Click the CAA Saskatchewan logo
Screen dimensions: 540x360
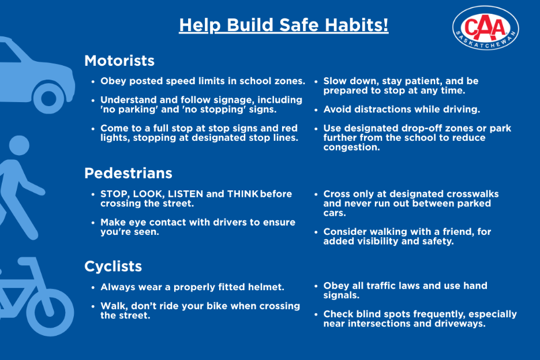click(486, 28)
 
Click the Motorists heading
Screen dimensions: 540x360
click(119, 61)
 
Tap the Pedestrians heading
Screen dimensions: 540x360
click(128, 173)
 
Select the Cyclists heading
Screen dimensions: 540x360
click(113, 267)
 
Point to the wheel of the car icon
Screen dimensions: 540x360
click(48, 99)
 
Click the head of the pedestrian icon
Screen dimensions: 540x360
click(19, 145)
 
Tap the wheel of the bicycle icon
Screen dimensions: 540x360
click(50, 312)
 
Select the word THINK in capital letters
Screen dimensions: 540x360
click(243, 194)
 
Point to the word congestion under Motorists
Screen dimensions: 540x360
click(351, 148)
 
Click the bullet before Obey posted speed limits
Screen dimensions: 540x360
click(93, 82)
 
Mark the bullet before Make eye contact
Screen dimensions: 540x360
click(93, 223)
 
